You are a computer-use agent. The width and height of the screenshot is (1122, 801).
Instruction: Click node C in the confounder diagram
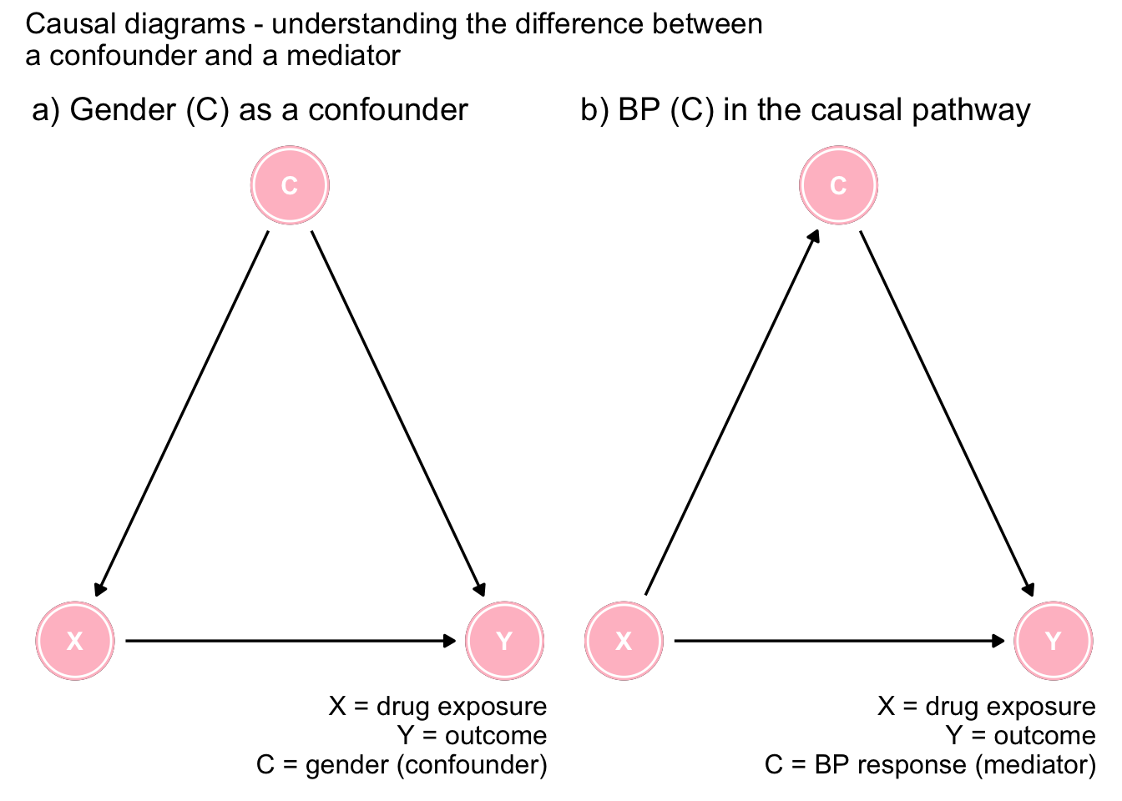[290, 185]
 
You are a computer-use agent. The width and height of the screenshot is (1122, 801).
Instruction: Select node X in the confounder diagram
[75, 641]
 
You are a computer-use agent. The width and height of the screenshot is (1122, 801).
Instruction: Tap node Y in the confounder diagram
[504, 641]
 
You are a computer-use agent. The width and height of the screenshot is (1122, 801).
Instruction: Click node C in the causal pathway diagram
[838, 185]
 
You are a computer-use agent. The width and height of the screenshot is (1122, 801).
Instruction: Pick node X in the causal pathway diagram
[624, 641]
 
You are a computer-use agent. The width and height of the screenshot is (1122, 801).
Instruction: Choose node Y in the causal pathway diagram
[1053, 641]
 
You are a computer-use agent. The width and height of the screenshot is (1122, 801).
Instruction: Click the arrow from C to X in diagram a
[182, 413]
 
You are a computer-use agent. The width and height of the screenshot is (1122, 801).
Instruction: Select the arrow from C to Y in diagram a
[397, 413]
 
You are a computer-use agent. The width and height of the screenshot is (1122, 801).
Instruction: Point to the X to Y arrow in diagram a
[290, 641]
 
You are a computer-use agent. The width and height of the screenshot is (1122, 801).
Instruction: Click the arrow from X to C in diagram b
[731, 413]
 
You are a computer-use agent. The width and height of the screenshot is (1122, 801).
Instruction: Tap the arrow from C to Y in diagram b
[946, 413]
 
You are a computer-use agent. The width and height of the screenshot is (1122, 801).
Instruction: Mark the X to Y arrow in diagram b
[838, 641]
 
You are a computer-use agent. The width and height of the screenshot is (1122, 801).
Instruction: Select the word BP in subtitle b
[639, 110]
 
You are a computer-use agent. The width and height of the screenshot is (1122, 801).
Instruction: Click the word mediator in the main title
[343, 56]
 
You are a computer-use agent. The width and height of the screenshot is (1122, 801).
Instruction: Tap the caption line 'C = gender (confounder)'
[402, 764]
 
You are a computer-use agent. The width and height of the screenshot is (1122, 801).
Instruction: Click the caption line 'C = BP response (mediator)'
[929, 764]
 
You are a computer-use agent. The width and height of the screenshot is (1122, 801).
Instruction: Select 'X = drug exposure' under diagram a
[437, 707]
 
